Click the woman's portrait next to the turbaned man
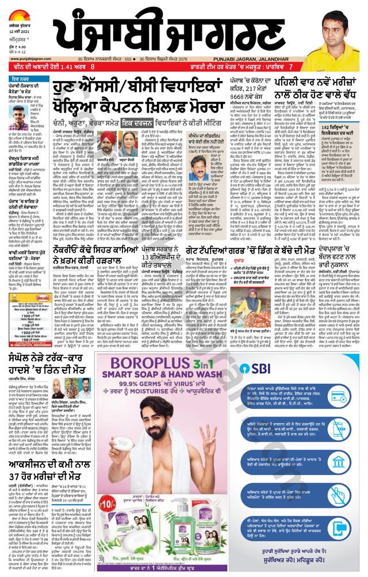(128, 144)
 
